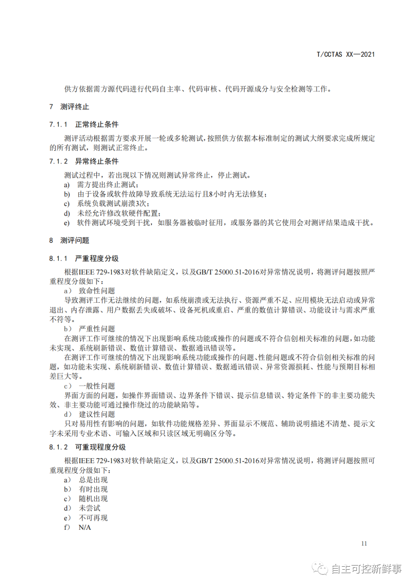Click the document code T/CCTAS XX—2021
pos(345,55)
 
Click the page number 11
pos(364,543)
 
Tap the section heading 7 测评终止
pos(69,107)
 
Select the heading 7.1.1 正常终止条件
pos(84,124)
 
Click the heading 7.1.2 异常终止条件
pos(84,161)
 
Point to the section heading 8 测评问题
pos(69,240)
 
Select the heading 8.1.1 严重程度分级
pos(84,259)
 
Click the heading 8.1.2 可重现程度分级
pos(87,447)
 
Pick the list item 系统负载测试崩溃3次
pos(113,204)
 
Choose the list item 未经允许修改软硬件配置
pos(119,213)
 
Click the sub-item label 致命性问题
pos(97,291)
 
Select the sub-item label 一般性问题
pos(97,386)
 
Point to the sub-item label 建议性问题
pos(97,414)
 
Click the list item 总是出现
pos(93,480)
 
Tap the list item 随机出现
pos(93,499)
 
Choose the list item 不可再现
pos(93,518)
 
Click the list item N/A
pos(85,527)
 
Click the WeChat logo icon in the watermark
pos(320,569)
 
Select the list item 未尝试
pos(90,508)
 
